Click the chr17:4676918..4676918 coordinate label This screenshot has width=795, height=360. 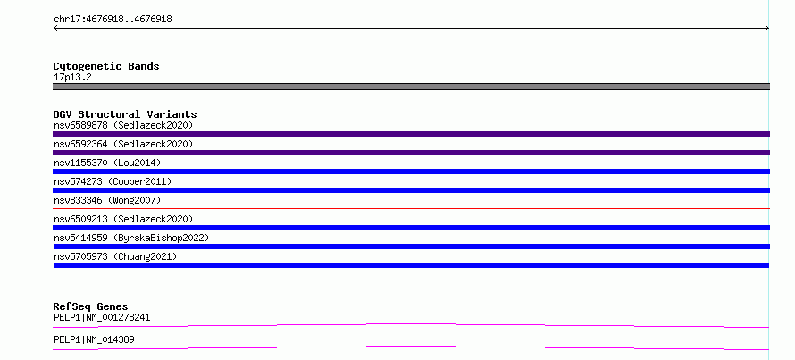click(x=113, y=20)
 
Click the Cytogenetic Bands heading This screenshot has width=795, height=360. click(x=106, y=66)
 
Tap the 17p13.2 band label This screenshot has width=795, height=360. click(x=72, y=78)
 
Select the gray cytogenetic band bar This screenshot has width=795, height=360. click(x=411, y=87)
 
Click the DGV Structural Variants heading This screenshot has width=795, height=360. click(x=125, y=114)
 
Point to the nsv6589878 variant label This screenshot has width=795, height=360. click(x=123, y=125)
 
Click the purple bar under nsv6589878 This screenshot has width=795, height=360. click(x=411, y=134)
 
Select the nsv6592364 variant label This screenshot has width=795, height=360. click(x=123, y=144)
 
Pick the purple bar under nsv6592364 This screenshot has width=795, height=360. click(x=411, y=153)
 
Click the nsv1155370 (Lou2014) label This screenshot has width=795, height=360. click(x=107, y=163)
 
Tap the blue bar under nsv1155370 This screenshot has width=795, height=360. click(x=411, y=172)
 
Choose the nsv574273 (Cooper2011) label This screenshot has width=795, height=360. click(x=113, y=181)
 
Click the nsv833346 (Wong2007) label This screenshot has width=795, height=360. click(x=107, y=200)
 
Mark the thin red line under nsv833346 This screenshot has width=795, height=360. click(x=411, y=208)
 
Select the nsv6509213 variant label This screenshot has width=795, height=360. click(x=123, y=219)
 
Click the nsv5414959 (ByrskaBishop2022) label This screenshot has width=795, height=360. click(x=131, y=238)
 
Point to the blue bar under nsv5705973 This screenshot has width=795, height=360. click(x=411, y=265)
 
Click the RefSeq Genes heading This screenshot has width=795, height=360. click(x=91, y=306)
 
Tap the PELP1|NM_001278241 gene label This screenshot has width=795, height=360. click(x=102, y=318)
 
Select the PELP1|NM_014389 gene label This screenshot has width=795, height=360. click(x=94, y=339)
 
